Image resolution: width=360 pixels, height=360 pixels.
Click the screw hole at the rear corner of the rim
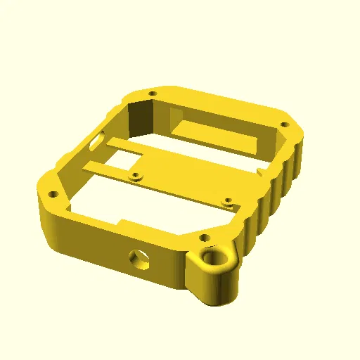[x=152, y=93]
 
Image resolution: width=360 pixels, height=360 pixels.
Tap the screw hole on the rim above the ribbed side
[x=284, y=124]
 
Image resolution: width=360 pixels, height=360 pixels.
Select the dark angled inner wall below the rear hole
[x=144, y=117]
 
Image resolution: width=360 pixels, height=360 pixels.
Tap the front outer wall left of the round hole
[x=91, y=243]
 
